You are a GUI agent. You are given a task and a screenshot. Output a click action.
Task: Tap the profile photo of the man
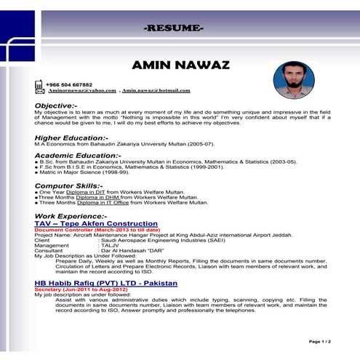[294, 80]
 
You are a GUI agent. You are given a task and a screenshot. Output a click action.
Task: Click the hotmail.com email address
[156, 91]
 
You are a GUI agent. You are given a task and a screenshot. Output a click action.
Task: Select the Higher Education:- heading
[71, 137]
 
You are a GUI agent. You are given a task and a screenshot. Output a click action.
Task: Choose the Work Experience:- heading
[71, 217]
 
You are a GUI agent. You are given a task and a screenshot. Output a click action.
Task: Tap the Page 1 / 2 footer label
[319, 340]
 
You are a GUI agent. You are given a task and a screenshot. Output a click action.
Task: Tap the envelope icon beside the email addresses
[39, 88]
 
